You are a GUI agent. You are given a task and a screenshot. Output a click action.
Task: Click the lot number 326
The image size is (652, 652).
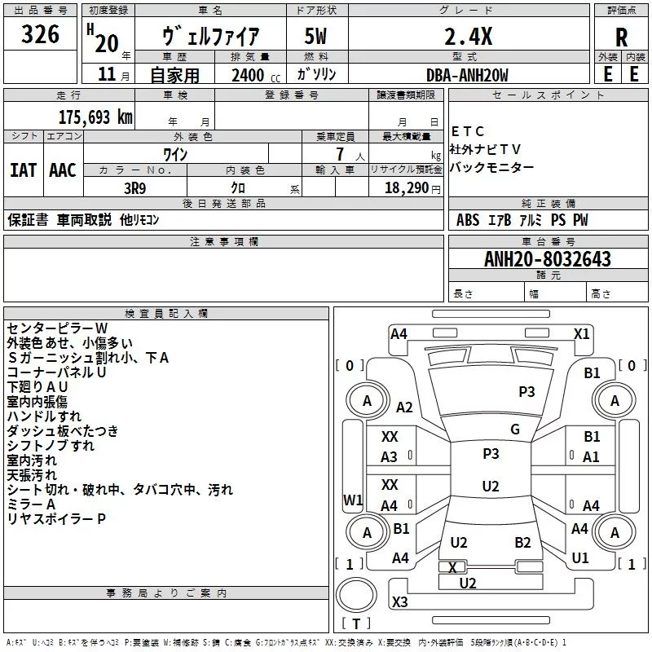coord(41,35)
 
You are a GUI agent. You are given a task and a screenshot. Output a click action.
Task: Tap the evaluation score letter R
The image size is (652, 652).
coord(621,37)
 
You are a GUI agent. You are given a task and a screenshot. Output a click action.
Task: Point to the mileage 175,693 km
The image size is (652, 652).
coord(95,117)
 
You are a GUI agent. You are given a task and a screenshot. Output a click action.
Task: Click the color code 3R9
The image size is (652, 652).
coord(135,187)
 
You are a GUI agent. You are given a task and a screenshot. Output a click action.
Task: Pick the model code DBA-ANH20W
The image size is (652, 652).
coord(467,75)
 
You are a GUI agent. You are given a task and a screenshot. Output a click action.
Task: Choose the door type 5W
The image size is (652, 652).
coord(315,37)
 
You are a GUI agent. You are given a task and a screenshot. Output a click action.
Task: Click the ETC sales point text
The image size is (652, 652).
coord(468,132)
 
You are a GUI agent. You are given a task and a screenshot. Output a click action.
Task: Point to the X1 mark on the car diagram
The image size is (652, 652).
coord(582,333)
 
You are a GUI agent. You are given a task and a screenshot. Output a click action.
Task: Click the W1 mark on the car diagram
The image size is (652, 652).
coord(353,500)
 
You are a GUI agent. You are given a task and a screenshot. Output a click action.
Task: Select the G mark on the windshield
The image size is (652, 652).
coord(515,430)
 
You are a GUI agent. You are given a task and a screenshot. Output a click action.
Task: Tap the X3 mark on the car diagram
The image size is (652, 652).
coord(400,602)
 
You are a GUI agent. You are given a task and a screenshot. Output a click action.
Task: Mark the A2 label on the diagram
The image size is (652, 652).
coord(404,407)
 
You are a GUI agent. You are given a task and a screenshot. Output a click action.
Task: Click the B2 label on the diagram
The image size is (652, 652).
coord(522,543)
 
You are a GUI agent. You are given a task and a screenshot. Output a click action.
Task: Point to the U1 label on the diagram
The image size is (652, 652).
coord(580,558)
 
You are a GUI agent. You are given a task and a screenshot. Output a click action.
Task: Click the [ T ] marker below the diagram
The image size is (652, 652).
coord(356,624)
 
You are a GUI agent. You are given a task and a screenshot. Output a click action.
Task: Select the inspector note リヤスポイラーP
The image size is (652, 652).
coord(56,518)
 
